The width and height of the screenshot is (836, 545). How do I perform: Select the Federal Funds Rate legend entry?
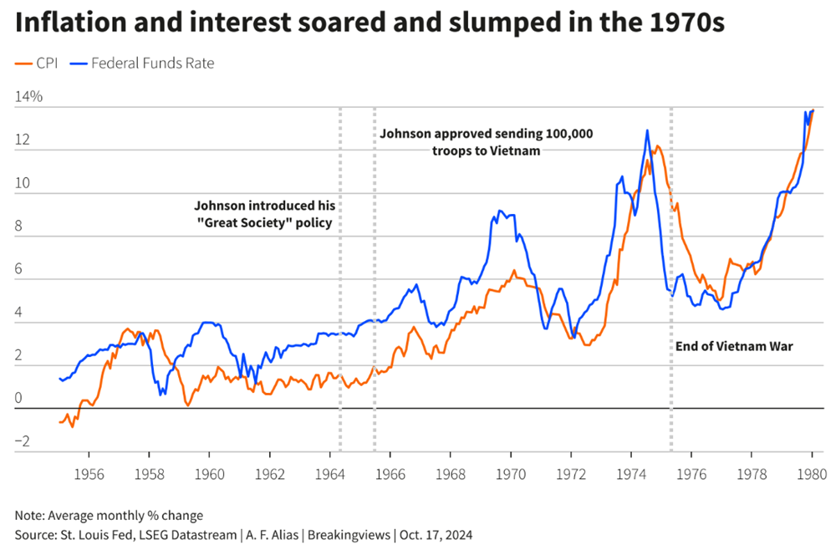pyautogui.click(x=143, y=63)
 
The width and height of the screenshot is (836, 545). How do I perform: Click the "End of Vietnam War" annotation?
pyautogui.click(x=733, y=346)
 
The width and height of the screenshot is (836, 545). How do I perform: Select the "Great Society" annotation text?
pyautogui.click(x=263, y=214)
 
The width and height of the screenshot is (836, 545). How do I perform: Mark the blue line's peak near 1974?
pyautogui.click(x=647, y=130)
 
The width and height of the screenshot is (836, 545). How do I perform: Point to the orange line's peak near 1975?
pyautogui.click(x=658, y=146)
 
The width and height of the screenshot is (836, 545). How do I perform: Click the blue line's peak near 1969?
pyautogui.click(x=499, y=211)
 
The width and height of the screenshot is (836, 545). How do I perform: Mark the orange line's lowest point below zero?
pyautogui.click(x=72, y=426)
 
